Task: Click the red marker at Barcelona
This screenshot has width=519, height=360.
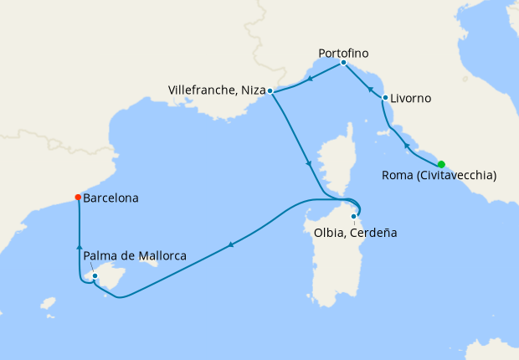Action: [78, 198]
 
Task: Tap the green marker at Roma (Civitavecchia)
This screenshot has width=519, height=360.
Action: [441, 164]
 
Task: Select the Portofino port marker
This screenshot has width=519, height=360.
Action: [343, 63]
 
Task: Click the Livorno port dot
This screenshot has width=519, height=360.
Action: [385, 98]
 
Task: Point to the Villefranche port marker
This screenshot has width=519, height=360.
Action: [270, 90]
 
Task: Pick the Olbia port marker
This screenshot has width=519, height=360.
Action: [354, 217]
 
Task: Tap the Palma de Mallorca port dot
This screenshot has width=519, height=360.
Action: [95, 275]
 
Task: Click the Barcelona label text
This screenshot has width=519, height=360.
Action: [111, 198]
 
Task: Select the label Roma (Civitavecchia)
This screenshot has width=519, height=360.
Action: [439, 176]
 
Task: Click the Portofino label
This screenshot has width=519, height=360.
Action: [343, 54]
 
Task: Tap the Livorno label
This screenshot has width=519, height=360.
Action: [411, 98]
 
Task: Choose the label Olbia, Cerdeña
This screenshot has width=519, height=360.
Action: [351, 232]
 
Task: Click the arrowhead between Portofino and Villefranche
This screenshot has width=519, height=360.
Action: [310, 80]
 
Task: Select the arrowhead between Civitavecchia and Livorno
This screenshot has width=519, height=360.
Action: [406, 147]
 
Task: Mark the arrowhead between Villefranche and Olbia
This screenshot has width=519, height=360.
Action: [310, 164]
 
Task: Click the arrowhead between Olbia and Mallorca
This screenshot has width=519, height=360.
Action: [230, 244]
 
